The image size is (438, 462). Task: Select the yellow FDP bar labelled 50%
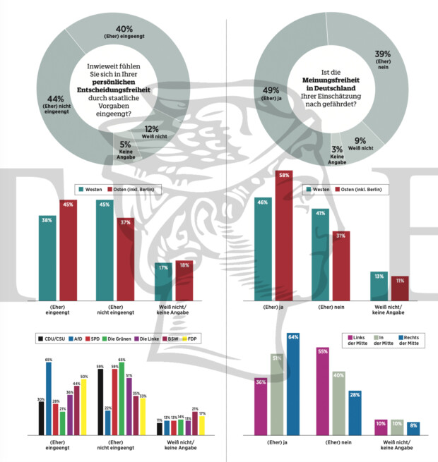[x=84, y=408]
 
